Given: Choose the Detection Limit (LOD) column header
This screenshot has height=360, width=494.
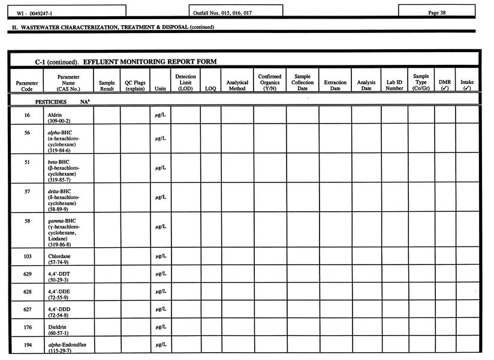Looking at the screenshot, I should [185, 83].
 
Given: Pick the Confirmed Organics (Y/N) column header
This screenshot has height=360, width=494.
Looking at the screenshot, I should [269, 83].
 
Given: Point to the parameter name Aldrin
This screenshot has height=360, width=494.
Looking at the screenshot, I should [56, 115].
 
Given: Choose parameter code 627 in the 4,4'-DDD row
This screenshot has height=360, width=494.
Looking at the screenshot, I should [27, 309].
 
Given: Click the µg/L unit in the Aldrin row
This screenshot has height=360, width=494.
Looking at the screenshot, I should [160, 115].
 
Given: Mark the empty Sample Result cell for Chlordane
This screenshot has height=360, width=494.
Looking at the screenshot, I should [107, 258].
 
